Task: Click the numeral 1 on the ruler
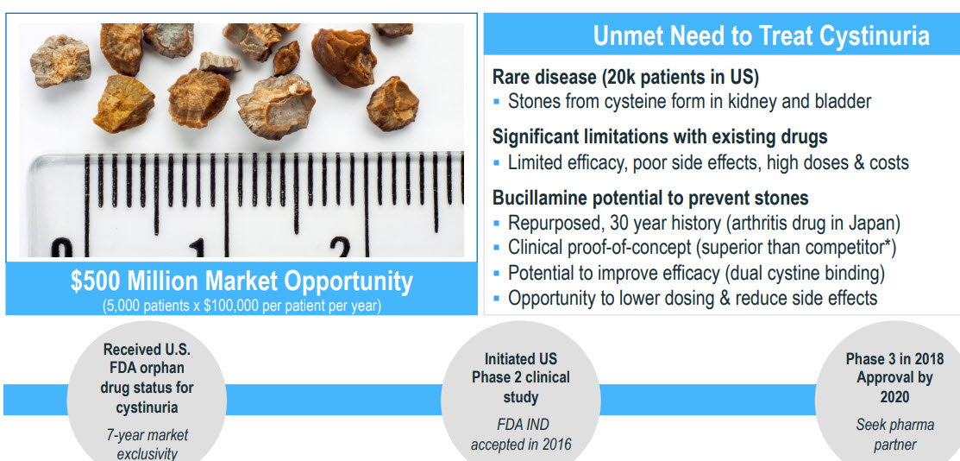(198, 249)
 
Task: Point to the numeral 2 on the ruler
(340, 248)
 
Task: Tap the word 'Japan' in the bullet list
(872, 224)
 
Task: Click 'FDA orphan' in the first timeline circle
(147, 369)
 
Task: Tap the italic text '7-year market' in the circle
(147, 435)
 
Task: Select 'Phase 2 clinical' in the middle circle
(520, 377)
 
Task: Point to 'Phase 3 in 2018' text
(894, 358)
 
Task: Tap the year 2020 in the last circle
(894, 396)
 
